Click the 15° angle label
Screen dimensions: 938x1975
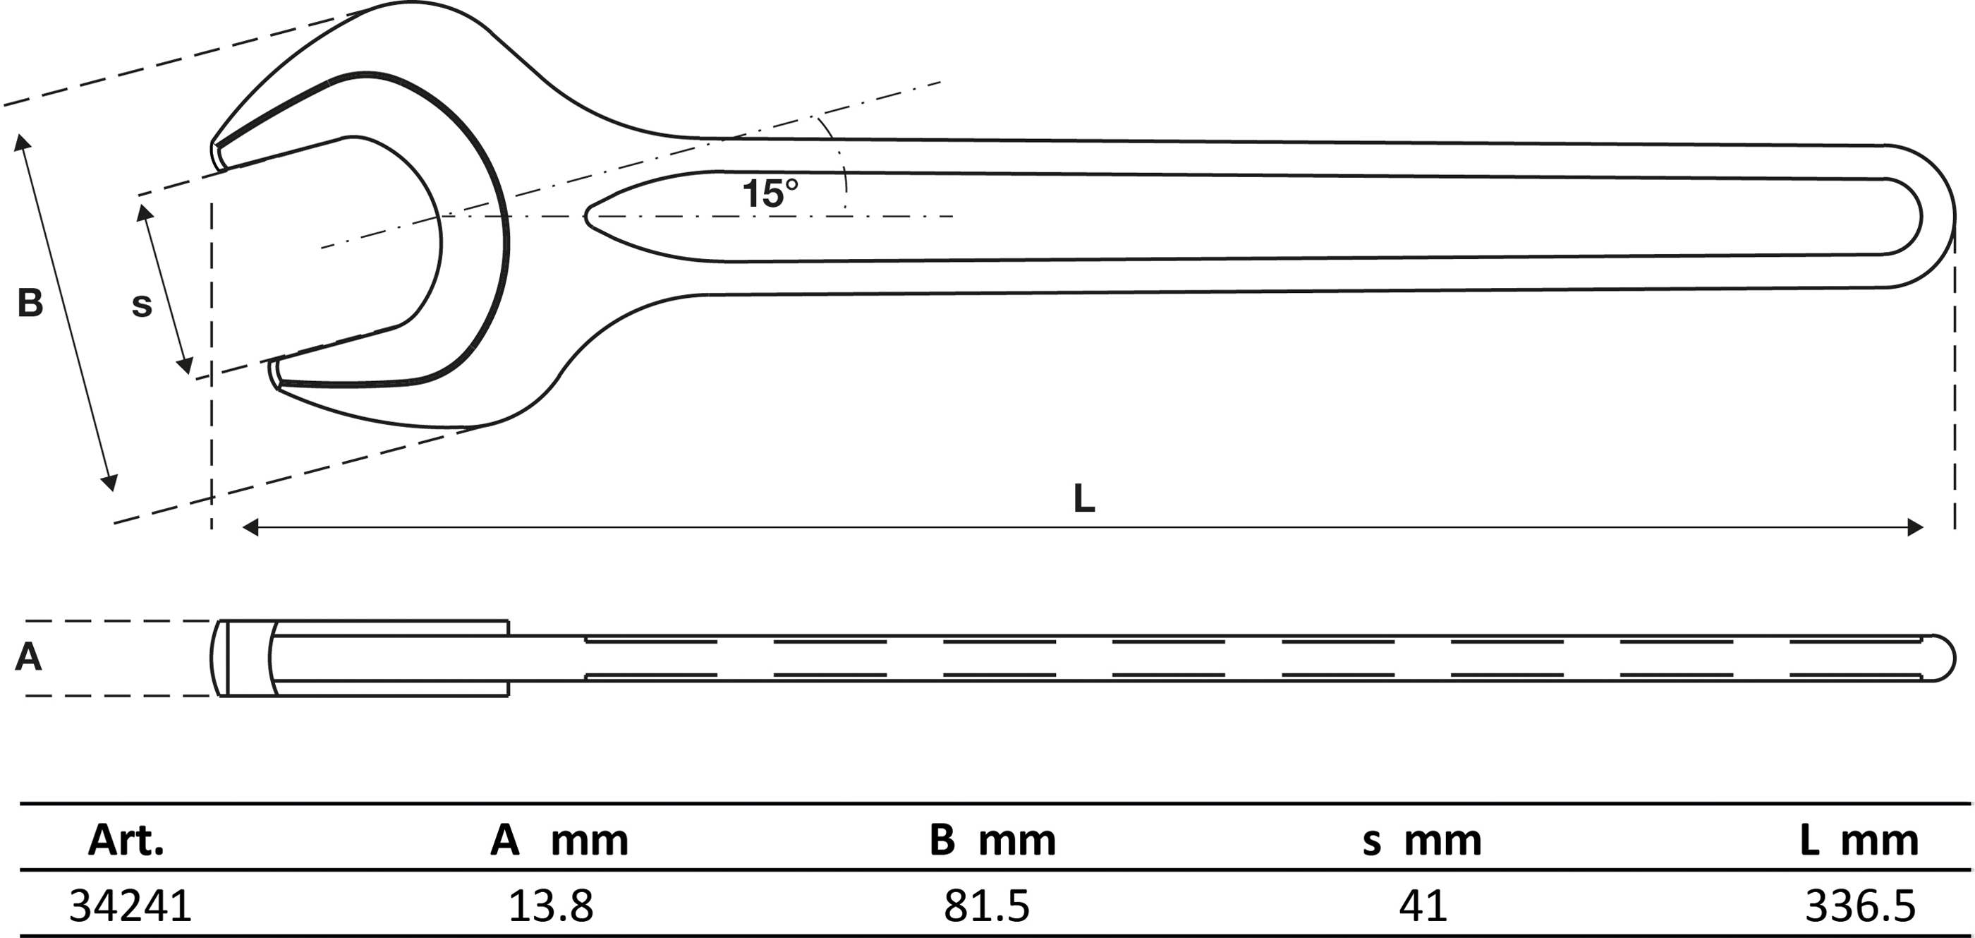click(x=770, y=193)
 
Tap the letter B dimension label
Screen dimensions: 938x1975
click(x=30, y=303)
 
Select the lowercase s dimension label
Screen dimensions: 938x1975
click(x=142, y=305)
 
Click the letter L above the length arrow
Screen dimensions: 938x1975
click(x=1083, y=499)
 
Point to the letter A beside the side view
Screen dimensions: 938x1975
click(x=28, y=657)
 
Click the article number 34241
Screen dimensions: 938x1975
click(x=130, y=906)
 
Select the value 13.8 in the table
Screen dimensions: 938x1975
click(x=550, y=906)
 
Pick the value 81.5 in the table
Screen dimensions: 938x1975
click(x=986, y=906)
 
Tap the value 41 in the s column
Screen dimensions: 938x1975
click(x=1422, y=906)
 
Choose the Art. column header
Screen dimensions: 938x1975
click(x=126, y=841)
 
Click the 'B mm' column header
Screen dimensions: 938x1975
click(x=992, y=841)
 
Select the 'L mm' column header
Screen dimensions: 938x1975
click(x=1859, y=841)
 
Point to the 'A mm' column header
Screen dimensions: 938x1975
click(x=559, y=841)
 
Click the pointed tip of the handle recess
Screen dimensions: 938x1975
click(x=588, y=216)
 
